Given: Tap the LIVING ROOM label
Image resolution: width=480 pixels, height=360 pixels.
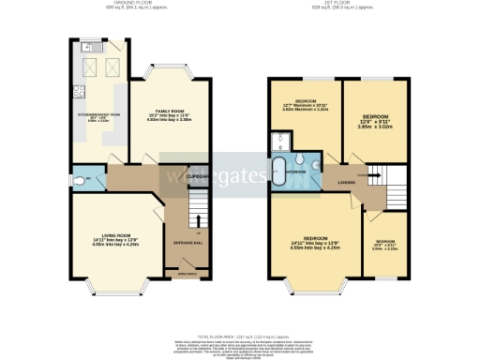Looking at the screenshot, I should pos(102,235).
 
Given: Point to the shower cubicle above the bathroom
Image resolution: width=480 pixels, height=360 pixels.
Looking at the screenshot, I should pos(280,142).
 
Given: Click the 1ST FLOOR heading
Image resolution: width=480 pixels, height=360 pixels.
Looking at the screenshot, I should pos(336,4).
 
